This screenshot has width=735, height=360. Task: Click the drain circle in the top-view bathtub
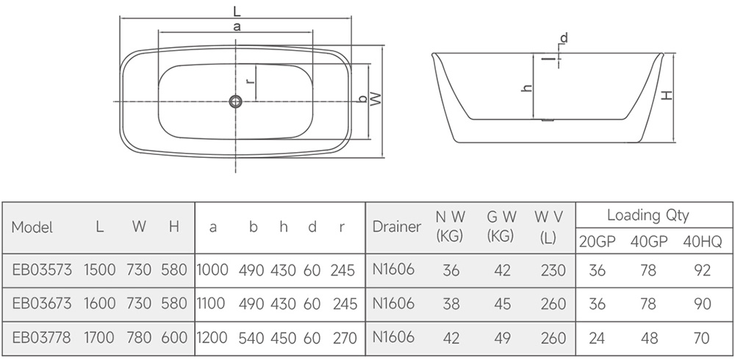point(235,101)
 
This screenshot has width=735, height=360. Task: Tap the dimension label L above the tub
point(237,10)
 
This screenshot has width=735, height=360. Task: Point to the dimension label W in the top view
point(376,98)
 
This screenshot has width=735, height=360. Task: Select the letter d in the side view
point(564,37)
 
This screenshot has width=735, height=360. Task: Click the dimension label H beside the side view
point(667,96)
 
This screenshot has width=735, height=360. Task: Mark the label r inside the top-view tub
point(251,81)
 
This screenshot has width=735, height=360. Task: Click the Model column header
point(32,227)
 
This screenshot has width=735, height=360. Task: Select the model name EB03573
point(42,270)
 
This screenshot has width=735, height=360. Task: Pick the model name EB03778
point(42,337)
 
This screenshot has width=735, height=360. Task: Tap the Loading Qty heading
point(648,215)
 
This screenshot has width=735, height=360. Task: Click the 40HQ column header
point(702,242)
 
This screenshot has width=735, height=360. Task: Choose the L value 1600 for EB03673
point(100,303)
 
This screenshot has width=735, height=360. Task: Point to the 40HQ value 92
point(702,270)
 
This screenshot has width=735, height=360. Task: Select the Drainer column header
point(397,227)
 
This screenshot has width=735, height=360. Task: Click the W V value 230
point(553,270)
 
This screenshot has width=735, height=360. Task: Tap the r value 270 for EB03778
point(345,337)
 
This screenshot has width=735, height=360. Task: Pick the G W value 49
point(501,338)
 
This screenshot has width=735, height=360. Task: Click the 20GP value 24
point(597,338)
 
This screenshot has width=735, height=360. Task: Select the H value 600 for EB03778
point(174,337)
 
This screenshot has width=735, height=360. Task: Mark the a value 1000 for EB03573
point(212,270)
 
